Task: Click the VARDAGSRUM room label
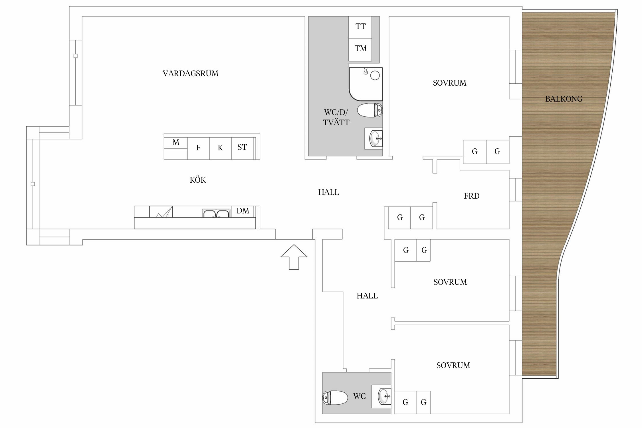click(190, 74)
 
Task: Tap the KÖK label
click(198, 180)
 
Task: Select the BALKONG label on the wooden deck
click(564, 99)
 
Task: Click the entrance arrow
click(294, 257)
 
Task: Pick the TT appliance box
click(360, 27)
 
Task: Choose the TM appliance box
click(360, 50)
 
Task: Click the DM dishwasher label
click(243, 211)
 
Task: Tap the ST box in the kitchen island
click(243, 148)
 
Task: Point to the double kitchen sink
click(216, 213)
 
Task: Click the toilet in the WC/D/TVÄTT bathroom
click(370, 110)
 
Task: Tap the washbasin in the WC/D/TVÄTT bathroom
click(374, 138)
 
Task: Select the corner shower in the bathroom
click(366, 84)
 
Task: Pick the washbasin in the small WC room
click(381, 396)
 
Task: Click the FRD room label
click(472, 196)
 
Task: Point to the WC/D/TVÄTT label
click(336, 117)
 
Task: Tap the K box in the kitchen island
click(220, 148)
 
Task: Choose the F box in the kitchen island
click(198, 148)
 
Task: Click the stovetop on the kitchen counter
click(161, 212)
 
